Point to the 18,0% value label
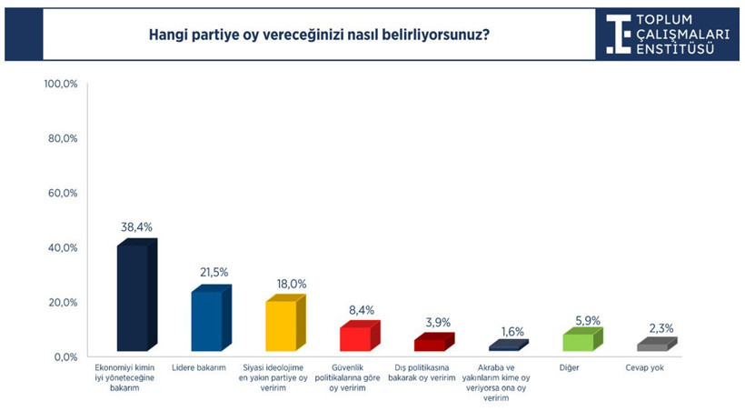[288, 282]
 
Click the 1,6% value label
[512, 331]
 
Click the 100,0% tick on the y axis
[62, 84]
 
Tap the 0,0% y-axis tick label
[65, 356]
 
